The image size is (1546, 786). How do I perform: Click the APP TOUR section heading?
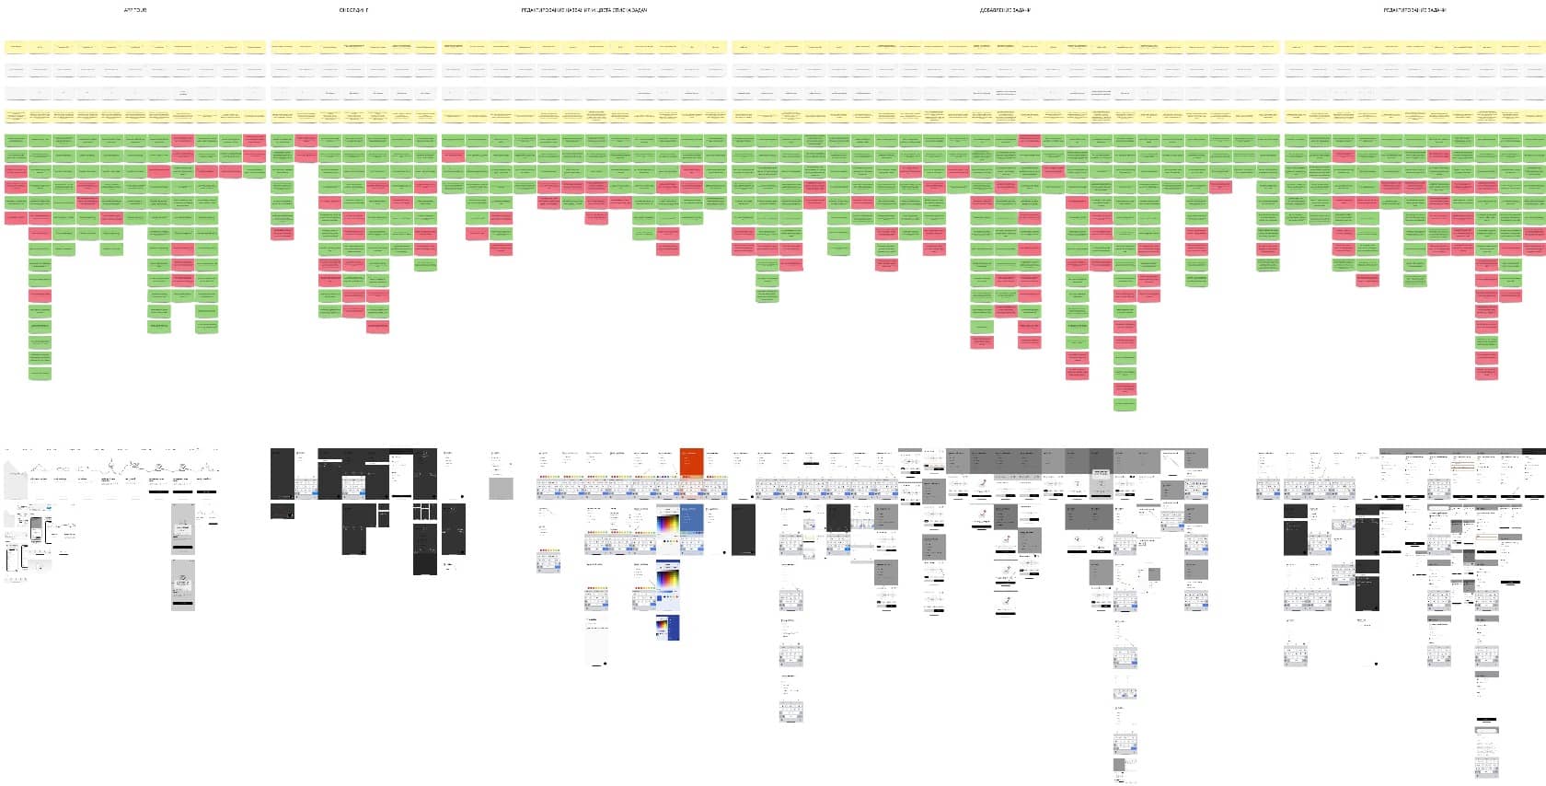[135, 10]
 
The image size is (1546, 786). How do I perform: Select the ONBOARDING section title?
[353, 10]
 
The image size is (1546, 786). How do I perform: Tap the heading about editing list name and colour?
[583, 10]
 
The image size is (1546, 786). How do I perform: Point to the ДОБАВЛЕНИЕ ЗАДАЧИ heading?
[1005, 10]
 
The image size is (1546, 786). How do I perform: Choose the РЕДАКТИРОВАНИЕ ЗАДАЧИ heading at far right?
[1414, 10]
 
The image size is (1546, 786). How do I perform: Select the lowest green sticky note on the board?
[1125, 404]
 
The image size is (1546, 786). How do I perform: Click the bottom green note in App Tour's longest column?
[40, 374]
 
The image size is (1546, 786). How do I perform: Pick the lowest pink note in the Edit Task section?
[1486, 373]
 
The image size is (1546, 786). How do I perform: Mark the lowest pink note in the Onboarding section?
[377, 326]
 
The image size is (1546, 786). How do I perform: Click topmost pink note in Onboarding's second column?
[306, 140]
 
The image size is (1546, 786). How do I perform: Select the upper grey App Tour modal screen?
[183, 530]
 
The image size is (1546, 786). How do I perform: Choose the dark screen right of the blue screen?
[744, 529]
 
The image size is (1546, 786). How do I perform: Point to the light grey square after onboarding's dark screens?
[501, 487]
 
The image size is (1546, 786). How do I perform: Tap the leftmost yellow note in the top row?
[16, 45]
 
